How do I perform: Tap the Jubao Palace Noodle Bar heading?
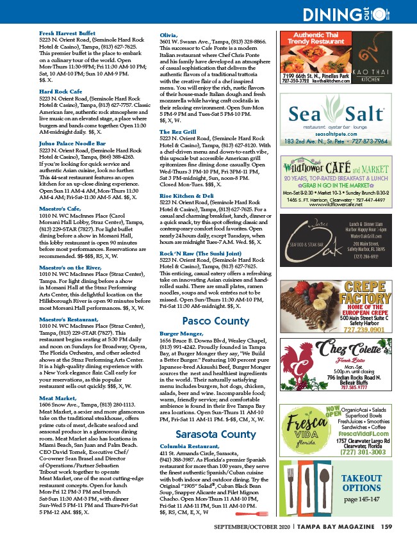[72, 143]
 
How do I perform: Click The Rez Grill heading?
[177, 131]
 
